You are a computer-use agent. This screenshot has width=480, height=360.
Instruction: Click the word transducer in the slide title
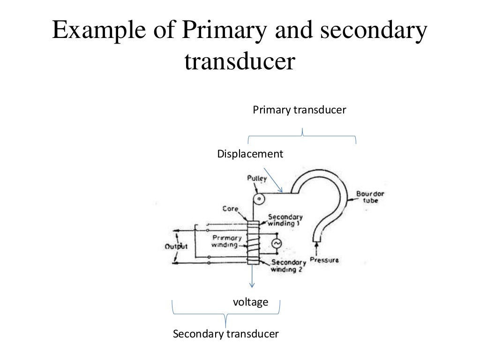[x=240, y=62]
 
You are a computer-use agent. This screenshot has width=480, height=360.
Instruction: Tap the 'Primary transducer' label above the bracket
[x=299, y=110]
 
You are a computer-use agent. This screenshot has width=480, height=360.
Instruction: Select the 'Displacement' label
[x=250, y=154]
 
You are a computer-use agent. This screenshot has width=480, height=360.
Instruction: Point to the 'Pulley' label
[x=257, y=178]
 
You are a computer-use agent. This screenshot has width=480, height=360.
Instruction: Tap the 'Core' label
[x=231, y=209]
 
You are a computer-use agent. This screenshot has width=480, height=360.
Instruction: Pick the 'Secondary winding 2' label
[x=288, y=266]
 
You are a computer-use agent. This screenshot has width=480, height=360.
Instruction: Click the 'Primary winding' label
[x=226, y=241]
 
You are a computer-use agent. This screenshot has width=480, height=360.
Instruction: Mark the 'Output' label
[x=176, y=247]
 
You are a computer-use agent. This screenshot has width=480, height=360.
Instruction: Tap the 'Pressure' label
[x=324, y=260]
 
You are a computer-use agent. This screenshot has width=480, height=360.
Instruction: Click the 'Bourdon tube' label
[x=367, y=197]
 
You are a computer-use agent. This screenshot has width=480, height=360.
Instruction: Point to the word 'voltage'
[x=250, y=302]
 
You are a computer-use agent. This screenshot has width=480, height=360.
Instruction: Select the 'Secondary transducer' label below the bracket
[x=226, y=334]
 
